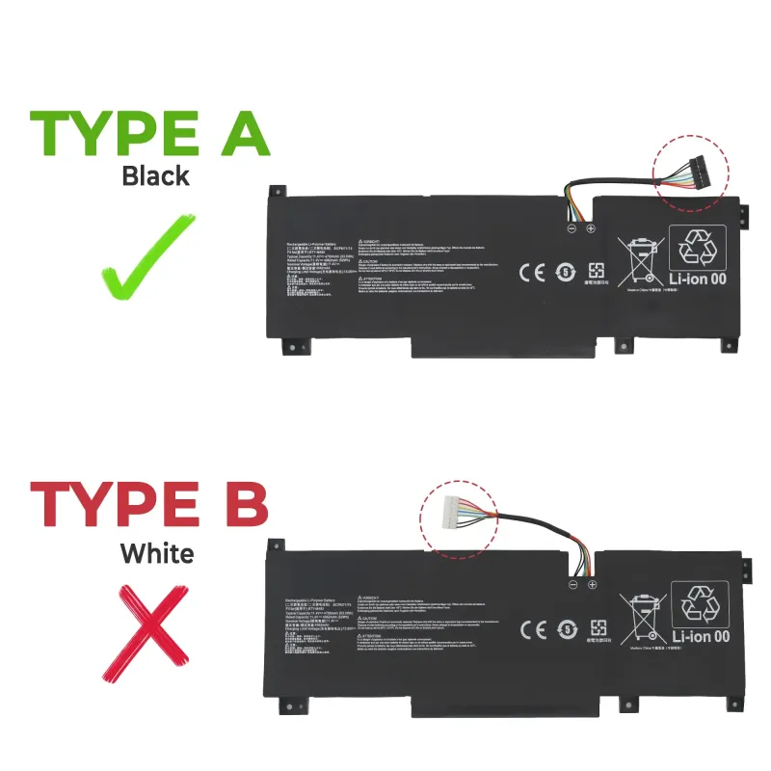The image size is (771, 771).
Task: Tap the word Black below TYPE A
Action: [x=155, y=176]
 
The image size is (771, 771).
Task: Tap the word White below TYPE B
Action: [x=156, y=553]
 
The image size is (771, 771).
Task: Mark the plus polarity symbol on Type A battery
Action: [x=591, y=228]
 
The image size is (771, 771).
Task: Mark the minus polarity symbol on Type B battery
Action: [x=572, y=584]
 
